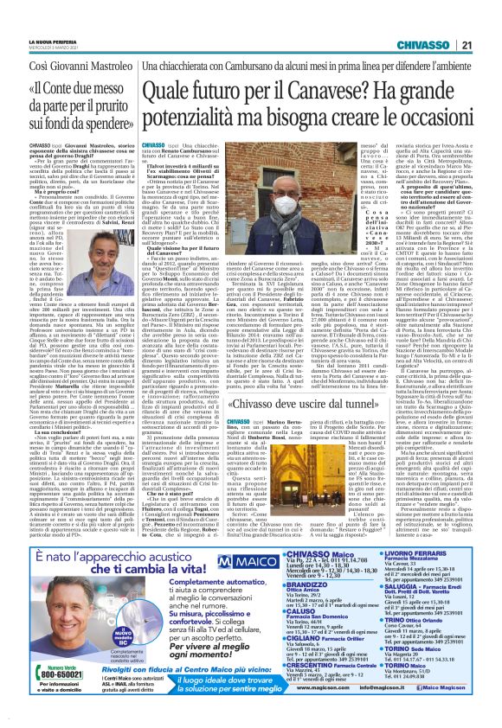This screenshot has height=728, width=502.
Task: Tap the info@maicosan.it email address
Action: click(x=389, y=715)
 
